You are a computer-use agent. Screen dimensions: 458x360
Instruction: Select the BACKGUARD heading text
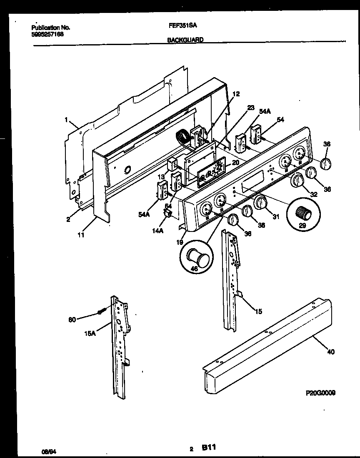185,40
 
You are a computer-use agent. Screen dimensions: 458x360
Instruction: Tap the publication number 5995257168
48,34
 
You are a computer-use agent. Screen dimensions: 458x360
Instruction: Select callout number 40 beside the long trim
330,352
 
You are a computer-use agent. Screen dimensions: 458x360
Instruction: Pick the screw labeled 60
102,311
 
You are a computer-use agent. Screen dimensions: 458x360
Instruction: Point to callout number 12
236,94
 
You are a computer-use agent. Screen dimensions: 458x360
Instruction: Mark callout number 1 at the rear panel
66,119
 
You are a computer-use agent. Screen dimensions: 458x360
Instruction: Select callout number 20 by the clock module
235,163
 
